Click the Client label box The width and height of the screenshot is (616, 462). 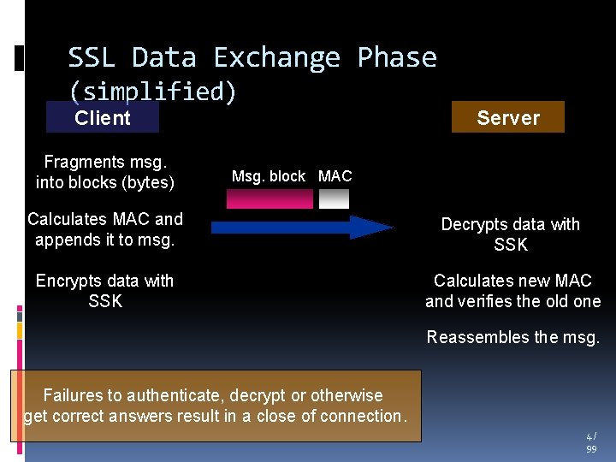[x=103, y=118]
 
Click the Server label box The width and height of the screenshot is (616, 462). [x=508, y=118]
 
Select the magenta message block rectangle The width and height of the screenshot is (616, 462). [x=269, y=198]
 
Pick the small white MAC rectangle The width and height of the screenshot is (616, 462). [x=335, y=198]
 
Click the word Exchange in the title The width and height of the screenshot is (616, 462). [x=276, y=57]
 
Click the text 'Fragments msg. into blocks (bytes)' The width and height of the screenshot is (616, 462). [x=105, y=172]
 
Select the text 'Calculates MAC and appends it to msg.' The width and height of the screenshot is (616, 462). [x=105, y=229]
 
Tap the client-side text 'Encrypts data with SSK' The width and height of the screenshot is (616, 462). [x=105, y=291]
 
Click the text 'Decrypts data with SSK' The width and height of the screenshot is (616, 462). [x=511, y=234]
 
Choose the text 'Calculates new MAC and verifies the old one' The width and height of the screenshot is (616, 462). [x=513, y=291]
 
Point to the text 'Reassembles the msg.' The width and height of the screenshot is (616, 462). [x=513, y=337]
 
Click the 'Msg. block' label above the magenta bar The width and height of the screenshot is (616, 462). [x=269, y=176]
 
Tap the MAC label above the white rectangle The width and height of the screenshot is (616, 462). [x=335, y=176]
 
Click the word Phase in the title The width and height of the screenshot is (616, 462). [x=397, y=57]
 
